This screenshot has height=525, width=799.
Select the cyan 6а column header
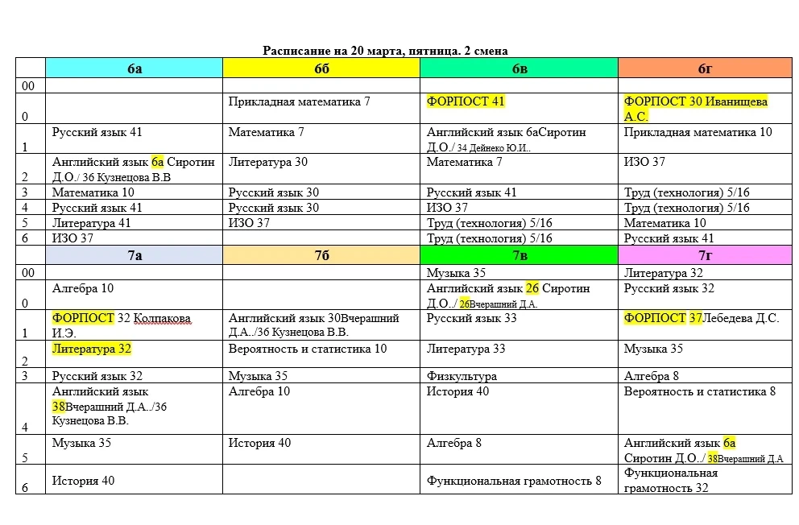click(x=134, y=68)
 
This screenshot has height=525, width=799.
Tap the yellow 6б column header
click(x=321, y=68)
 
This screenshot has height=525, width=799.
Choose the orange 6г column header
click(x=705, y=68)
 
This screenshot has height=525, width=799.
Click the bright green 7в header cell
click(x=520, y=255)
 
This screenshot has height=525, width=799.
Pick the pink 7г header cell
click(x=705, y=255)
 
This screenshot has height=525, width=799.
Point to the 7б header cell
click(x=321, y=255)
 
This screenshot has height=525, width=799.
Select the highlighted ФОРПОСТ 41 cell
click(x=466, y=102)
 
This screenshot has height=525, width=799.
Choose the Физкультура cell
click(x=462, y=376)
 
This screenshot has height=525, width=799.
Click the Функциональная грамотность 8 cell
click(x=515, y=482)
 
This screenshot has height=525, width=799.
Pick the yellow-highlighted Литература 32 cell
click(x=92, y=349)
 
